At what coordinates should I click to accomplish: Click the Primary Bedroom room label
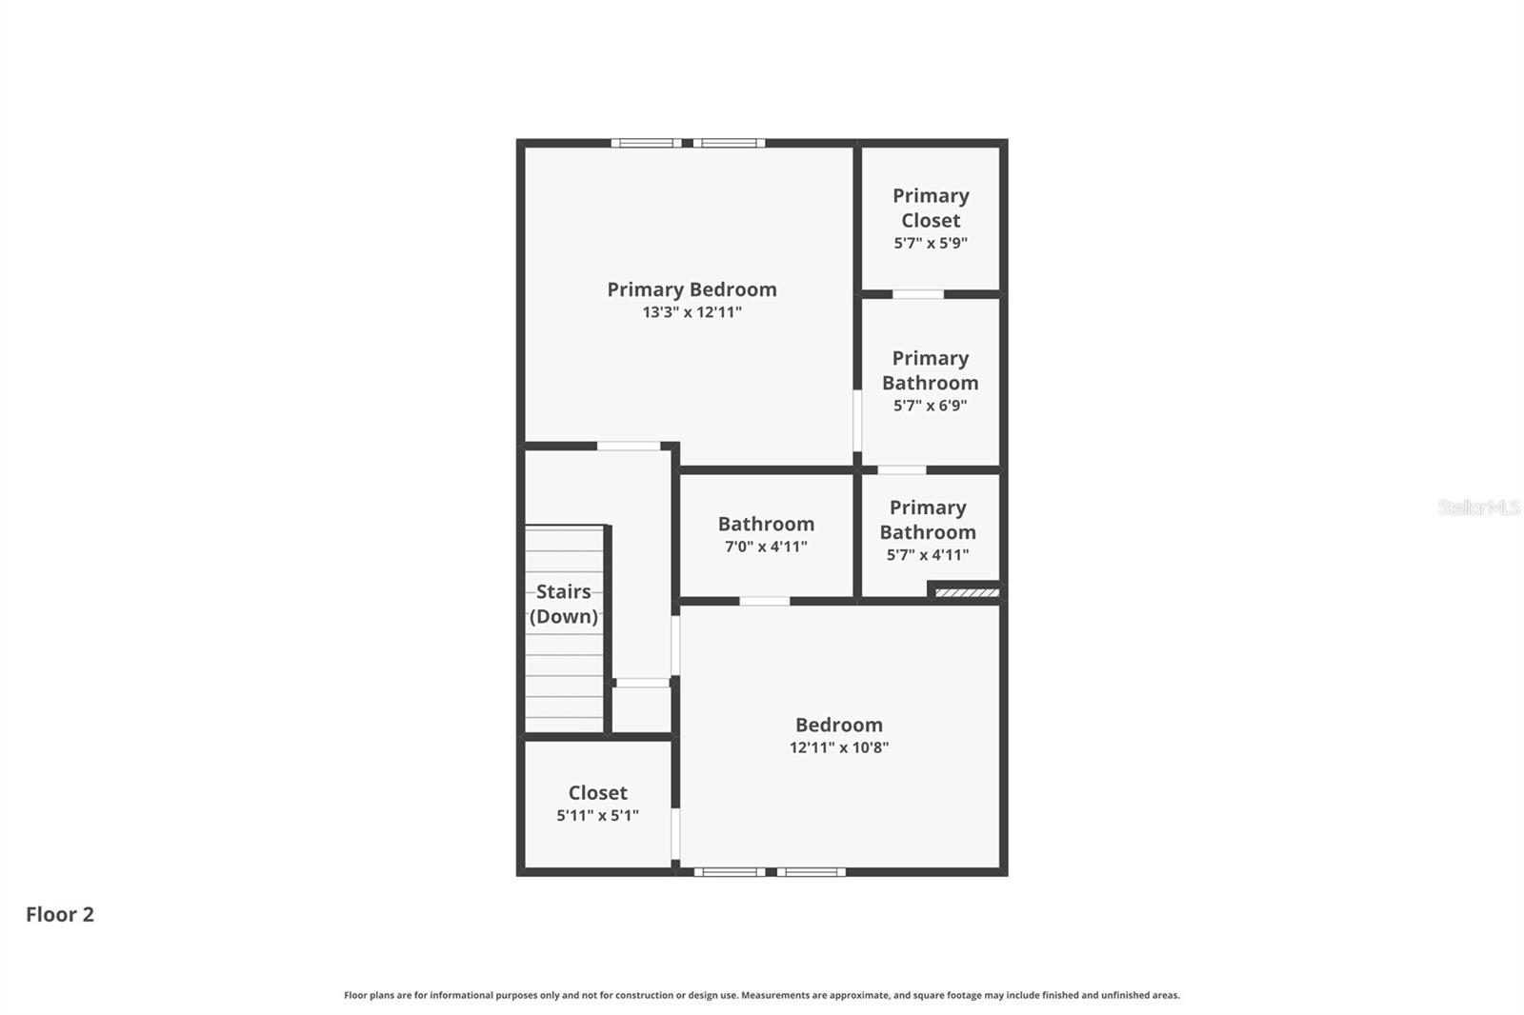coord(692,289)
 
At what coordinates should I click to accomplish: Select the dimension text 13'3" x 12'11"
coord(692,312)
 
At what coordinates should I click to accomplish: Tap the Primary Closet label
coord(931,208)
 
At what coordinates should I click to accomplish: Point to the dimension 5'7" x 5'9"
coord(931,243)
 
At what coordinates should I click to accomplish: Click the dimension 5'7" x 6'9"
coord(930,406)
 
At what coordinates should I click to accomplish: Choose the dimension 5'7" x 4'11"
coord(928,555)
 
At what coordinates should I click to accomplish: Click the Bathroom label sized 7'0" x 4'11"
coord(766,524)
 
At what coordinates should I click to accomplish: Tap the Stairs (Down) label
coord(564,604)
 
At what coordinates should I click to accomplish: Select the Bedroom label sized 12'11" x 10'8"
coord(839,725)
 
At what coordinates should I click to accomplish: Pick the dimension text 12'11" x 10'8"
coord(839,747)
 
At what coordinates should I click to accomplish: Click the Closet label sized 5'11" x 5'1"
coord(597,792)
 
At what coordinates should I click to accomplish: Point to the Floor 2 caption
coord(60,914)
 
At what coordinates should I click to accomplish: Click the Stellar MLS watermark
coord(1478,507)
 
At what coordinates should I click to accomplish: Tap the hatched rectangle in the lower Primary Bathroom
coord(967,593)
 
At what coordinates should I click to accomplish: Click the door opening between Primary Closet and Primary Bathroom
coord(918,294)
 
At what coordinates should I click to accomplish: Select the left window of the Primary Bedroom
coord(646,143)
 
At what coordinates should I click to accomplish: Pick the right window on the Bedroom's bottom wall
coord(811,872)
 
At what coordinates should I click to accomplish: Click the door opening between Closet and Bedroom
coord(675,833)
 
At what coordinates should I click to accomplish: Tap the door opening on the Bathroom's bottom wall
coord(765,601)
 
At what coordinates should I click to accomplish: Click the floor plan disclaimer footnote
coord(761,995)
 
